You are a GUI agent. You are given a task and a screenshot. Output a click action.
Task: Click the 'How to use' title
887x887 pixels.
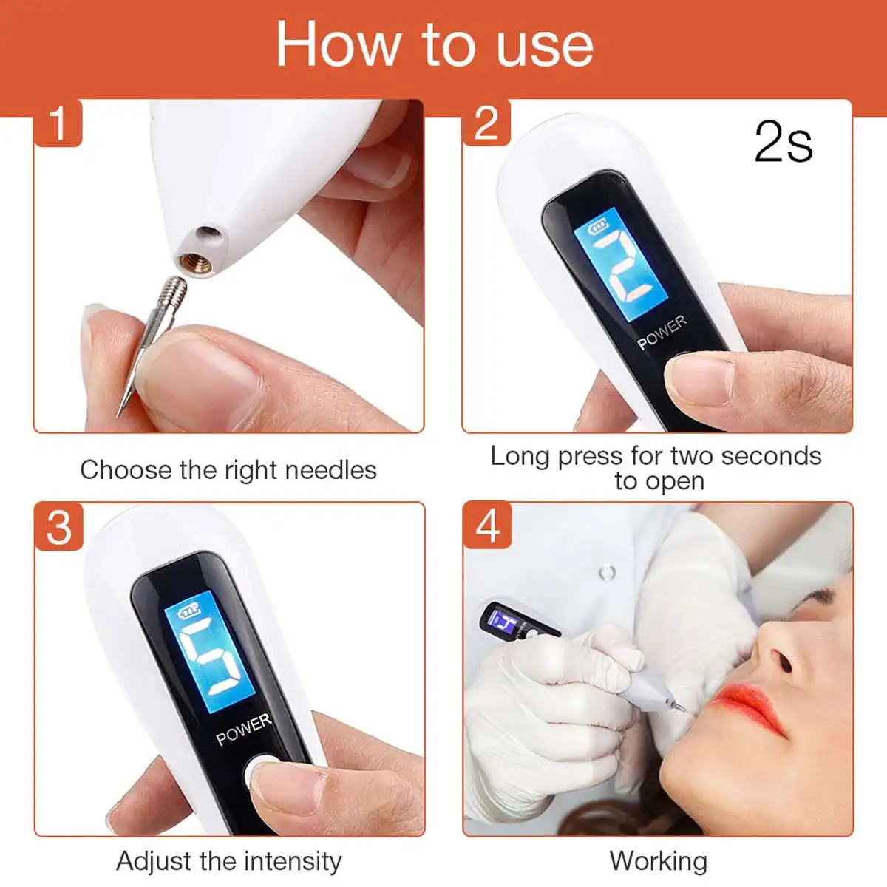(435, 44)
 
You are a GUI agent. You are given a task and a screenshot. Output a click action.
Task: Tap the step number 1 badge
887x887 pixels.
(58, 123)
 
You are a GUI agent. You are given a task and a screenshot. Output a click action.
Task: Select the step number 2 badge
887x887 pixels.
(486, 123)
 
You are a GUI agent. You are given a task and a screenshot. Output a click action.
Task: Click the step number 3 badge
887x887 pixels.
(58, 526)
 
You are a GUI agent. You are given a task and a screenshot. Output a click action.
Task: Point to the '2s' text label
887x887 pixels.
(784, 142)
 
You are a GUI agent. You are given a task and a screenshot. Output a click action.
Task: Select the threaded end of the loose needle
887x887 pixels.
(174, 290)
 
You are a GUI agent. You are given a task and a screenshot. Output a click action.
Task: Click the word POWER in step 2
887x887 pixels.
(662, 333)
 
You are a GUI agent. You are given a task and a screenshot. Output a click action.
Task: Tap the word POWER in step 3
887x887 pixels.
(243, 729)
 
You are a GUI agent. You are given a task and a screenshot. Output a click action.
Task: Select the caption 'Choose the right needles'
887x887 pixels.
(228, 469)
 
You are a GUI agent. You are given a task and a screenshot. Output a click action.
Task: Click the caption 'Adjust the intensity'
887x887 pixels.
(229, 861)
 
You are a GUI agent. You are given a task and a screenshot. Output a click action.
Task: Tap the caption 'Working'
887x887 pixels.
(658, 861)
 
